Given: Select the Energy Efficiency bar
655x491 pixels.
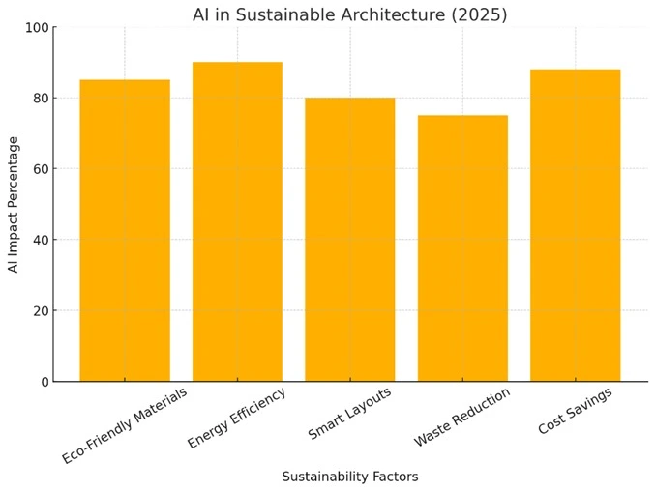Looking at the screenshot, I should click(x=237, y=221).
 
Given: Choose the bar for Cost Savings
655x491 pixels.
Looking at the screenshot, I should click(x=575, y=225).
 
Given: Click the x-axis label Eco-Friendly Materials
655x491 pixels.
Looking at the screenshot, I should click(x=124, y=425).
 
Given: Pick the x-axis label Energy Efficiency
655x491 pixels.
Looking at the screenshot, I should click(x=237, y=418).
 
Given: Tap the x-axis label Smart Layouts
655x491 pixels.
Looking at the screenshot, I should click(x=349, y=414).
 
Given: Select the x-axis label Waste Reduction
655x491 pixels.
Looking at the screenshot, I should click(x=461, y=417).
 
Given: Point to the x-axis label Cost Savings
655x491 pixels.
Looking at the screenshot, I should click(x=575, y=411).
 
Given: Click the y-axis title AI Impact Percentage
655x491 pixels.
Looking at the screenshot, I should click(x=14, y=204).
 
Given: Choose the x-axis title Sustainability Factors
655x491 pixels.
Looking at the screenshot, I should click(x=349, y=477).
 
